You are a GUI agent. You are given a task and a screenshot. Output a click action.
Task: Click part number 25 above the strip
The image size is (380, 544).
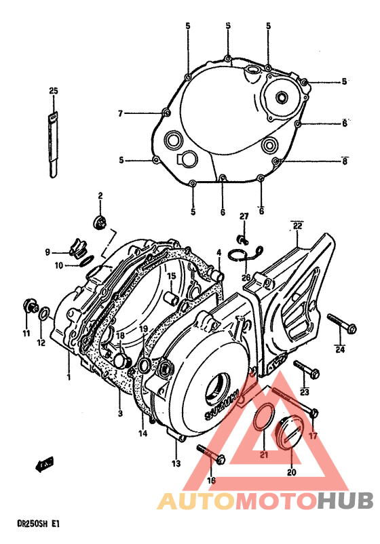tap(54, 90)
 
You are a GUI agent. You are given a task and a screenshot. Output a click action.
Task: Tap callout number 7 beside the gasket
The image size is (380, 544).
tap(120, 113)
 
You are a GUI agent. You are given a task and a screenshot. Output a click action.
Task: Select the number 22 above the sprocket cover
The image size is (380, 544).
tap(297, 225)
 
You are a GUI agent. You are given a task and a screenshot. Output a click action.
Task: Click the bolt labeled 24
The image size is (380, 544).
tap(341, 324)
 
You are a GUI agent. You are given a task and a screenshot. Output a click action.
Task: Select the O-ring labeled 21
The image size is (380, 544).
tap(261, 420)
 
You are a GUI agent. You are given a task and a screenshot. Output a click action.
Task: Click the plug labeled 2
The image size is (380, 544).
tap(100, 221)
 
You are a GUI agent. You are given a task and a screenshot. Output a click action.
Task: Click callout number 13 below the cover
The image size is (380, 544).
tap(176, 463)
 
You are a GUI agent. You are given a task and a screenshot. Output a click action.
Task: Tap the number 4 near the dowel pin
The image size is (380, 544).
tap(219, 253)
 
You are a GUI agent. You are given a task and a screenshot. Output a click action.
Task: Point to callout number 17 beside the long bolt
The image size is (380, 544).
tap(313, 436)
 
